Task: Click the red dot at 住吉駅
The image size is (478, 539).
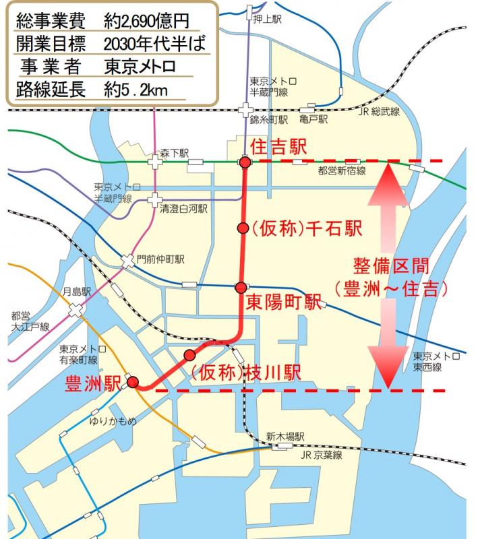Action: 245,162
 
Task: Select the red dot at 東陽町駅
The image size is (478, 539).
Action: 241,288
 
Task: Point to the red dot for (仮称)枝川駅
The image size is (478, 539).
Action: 189,354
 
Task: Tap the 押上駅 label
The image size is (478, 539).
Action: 268,18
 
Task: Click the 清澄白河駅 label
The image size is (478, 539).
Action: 183,210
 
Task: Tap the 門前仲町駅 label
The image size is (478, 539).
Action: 160,259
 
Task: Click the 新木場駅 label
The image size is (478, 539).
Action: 285,436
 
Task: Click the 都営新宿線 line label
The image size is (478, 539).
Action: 342,172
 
